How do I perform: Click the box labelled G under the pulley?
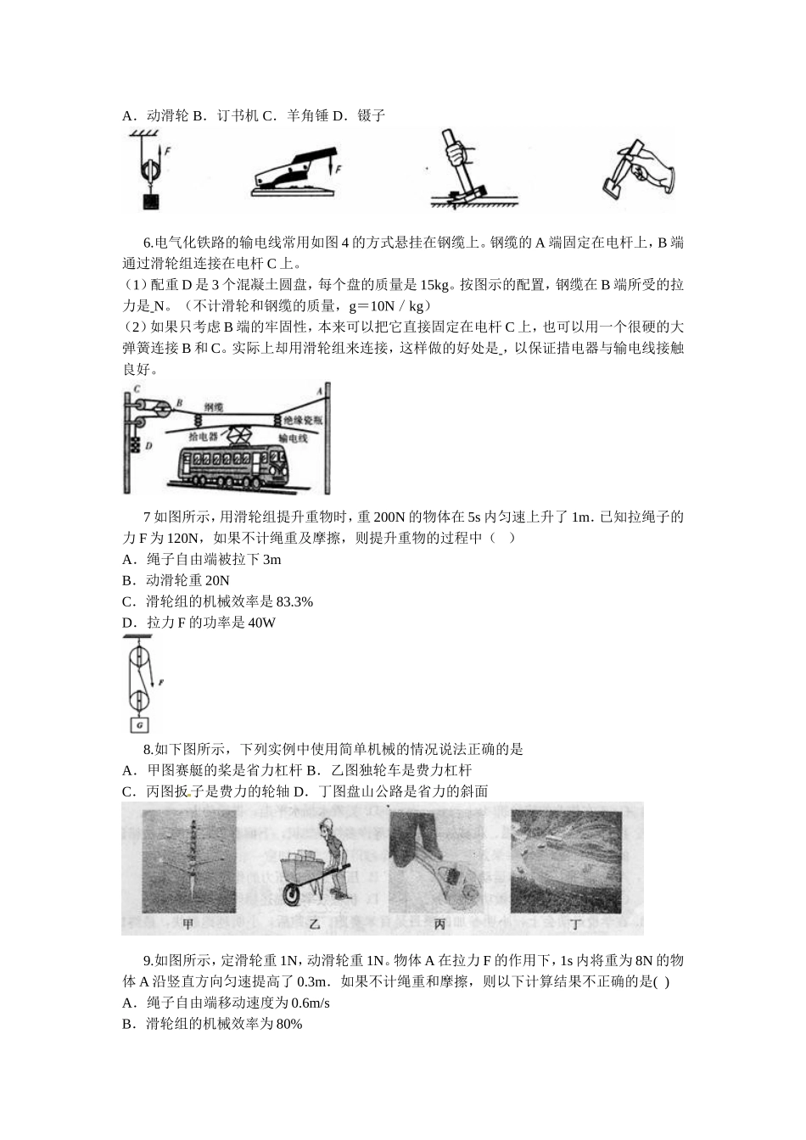point(139,725)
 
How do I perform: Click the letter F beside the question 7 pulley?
point(160,681)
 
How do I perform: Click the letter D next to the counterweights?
point(148,444)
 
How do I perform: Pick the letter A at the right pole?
point(319,391)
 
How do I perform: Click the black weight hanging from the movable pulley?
point(151,201)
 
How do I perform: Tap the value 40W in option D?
point(261,623)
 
